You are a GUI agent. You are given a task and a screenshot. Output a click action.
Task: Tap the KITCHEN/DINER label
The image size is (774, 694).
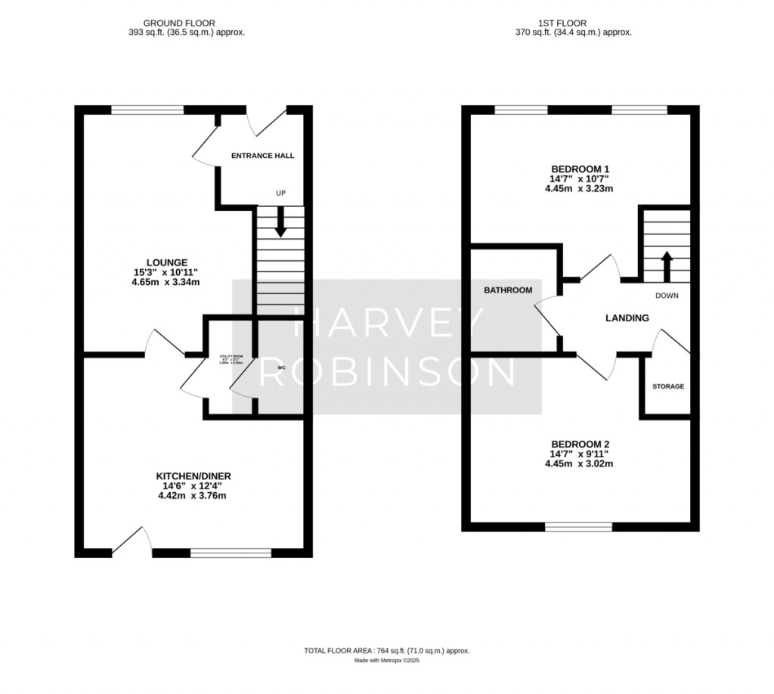click(193, 476)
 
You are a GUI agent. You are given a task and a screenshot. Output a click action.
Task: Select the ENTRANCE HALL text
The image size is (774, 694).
click(262, 156)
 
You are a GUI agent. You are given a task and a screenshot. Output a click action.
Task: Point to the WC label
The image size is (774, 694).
click(281, 368)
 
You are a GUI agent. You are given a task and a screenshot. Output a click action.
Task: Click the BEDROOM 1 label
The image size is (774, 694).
click(580, 169)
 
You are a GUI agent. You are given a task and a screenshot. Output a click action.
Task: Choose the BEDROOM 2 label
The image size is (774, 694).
click(580, 444)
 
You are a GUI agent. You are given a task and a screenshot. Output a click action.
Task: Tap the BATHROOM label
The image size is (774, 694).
click(508, 290)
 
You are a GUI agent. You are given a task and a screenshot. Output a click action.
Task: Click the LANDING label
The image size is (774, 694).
click(627, 318)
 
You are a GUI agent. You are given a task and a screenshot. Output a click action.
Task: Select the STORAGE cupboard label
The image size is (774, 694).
click(668, 386)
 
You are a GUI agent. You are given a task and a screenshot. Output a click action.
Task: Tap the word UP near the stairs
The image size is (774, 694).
click(280, 194)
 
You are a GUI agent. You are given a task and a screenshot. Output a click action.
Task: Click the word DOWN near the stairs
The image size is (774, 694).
click(667, 296)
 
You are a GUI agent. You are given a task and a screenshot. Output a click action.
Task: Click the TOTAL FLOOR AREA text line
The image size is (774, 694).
click(387, 650)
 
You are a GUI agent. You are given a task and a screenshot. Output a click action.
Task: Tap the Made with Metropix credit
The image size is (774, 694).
click(387, 661)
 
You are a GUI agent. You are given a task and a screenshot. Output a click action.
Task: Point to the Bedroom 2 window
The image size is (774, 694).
click(578, 526)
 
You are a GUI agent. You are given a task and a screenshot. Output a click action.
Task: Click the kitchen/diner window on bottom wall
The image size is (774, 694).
click(231, 553)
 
